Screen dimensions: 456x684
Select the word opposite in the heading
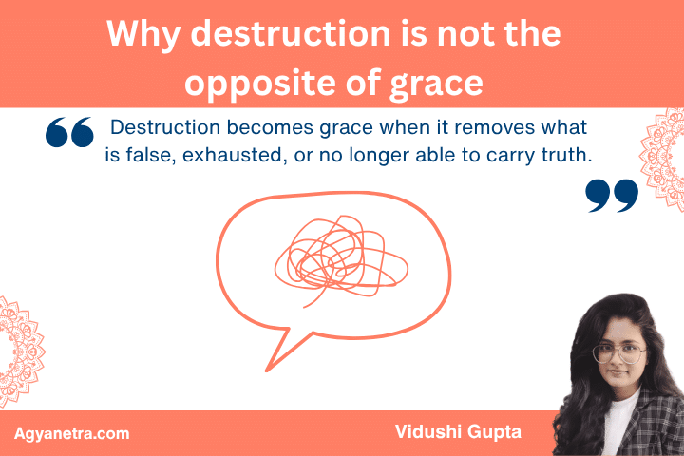coord(259,84)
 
